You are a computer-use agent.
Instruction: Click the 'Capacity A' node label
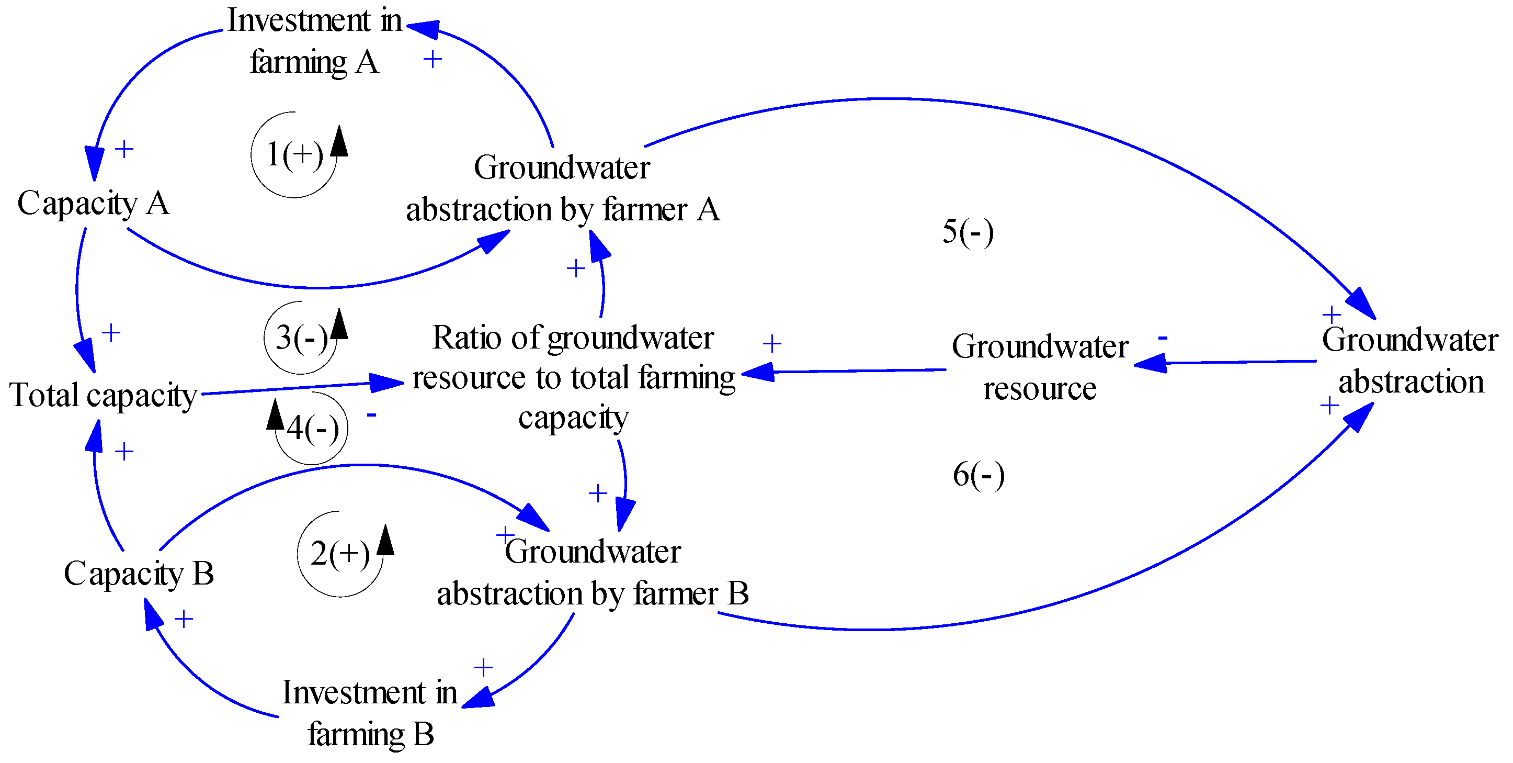pos(94,204)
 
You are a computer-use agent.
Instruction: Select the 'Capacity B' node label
pos(139,573)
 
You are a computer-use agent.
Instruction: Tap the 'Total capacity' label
pos(104,395)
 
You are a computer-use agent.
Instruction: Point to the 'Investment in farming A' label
pos(314,41)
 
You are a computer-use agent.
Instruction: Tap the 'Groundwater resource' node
pos(1040,367)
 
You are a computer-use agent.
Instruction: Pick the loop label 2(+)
pos(340,554)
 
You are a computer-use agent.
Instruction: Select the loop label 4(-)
pos(312,429)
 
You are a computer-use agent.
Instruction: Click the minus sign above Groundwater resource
pos(1163,338)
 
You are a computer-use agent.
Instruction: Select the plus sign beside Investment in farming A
pos(433,59)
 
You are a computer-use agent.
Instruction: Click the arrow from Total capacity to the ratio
pos(294,388)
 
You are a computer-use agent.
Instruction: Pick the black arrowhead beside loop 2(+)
pos(386,540)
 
